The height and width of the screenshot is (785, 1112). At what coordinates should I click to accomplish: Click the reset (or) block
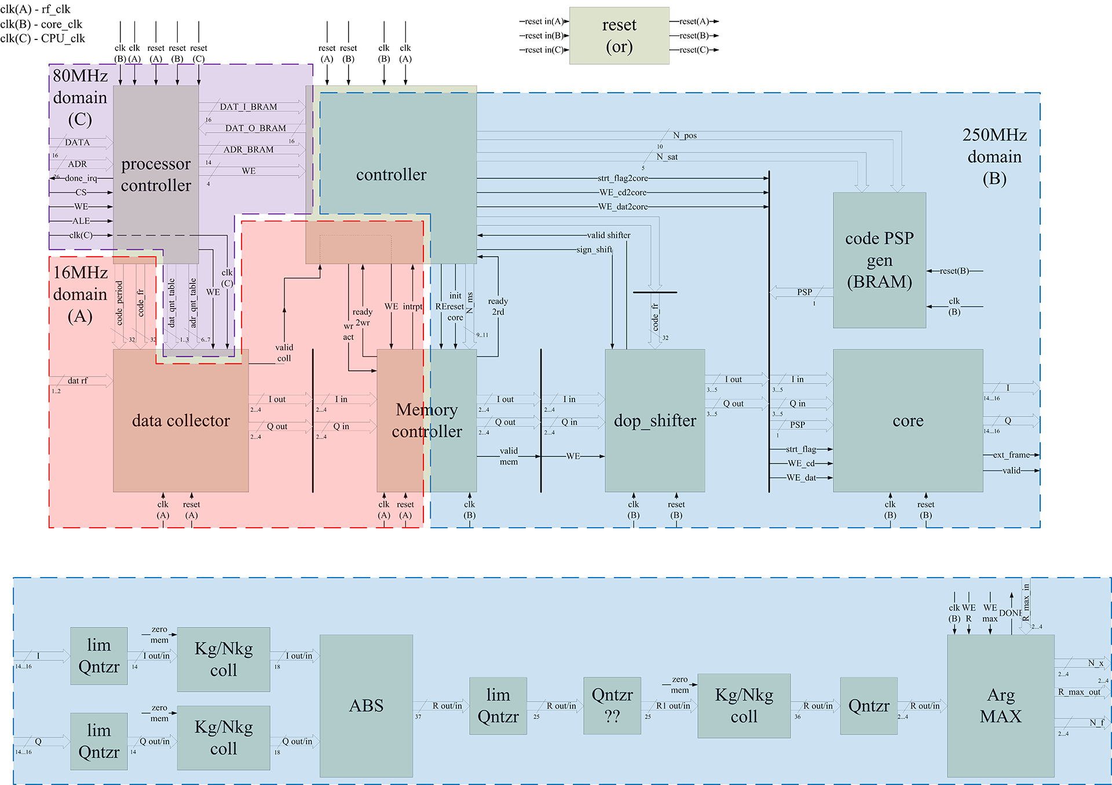(x=619, y=35)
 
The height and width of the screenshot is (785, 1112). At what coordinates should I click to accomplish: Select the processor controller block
(x=156, y=174)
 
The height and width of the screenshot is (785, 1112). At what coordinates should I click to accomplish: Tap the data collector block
(x=181, y=421)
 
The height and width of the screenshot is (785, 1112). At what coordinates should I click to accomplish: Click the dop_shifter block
(x=655, y=421)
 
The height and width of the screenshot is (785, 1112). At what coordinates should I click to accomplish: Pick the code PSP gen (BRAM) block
(x=879, y=260)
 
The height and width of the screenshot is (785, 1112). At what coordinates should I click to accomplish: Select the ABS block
(x=366, y=706)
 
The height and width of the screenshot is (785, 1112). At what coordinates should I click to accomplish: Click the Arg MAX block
(x=1000, y=706)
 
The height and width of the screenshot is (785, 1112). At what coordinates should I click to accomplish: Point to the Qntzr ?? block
(x=612, y=706)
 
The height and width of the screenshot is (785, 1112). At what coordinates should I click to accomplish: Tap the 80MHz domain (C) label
(x=80, y=97)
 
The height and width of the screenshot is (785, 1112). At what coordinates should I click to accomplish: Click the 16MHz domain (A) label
(x=80, y=294)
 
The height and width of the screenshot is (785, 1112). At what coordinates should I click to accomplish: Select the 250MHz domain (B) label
(x=994, y=156)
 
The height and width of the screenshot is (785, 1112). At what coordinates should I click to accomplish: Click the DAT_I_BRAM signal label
(x=248, y=107)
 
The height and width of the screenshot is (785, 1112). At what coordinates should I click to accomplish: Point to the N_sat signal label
(x=667, y=157)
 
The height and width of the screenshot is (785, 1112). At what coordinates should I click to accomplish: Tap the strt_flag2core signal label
(x=623, y=178)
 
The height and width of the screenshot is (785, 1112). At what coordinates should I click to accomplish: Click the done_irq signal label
(x=81, y=178)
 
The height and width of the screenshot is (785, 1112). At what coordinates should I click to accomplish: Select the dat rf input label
(x=78, y=381)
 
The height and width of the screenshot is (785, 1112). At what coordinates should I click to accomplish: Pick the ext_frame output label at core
(x=1011, y=455)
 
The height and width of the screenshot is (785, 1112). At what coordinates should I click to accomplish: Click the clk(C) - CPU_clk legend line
(x=43, y=39)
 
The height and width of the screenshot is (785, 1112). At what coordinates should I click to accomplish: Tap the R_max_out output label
(x=1079, y=692)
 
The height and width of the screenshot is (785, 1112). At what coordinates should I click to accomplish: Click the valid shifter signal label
(x=608, y=235)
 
